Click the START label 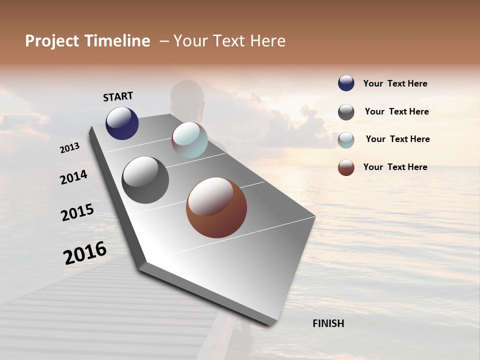tap(118, 96)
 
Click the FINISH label tap(328, 323)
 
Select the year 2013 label tap(69, 148)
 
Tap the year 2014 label tap(73, 177)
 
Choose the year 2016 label tap(85, 252)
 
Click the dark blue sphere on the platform tap(122, 123)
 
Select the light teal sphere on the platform tap(189, 140)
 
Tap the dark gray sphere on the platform tap(145, 180)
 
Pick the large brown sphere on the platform tap(216, 207)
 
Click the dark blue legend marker tap(346, 83)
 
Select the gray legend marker tap(346, 112)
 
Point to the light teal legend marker tap(346, 140)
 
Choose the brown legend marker tap(346, 167)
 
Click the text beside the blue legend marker tap(395, 83)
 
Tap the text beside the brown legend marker tap(395, 167)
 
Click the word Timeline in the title tap(117, 41)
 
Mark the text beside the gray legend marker tap(396, 111)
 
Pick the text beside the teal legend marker tap(397, 139)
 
